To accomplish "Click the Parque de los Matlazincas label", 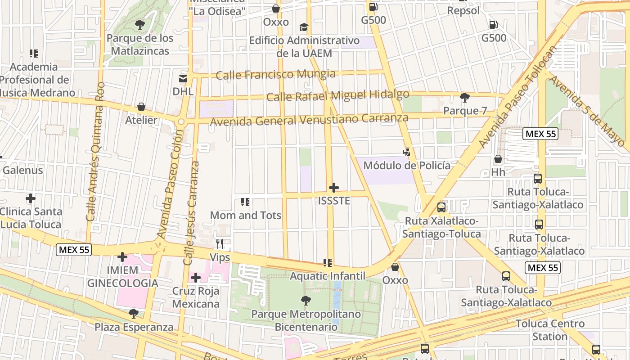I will click(x=139, y=45).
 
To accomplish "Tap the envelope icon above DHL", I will click(x=183, y=79).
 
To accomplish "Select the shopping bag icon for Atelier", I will click(x=141, y=107).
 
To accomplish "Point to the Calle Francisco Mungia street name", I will click(x=275, y=74).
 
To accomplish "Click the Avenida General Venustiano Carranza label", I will click(x=309, y=120).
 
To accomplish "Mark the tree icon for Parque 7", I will click(x=465, y=98).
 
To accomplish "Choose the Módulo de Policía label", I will click(x=406, y=166).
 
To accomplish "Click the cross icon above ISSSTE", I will click(x=334, y=188).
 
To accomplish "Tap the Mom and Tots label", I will click(x=246, y=216).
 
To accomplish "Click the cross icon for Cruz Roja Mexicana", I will click(x=196, y=278).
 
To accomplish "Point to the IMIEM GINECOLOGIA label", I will click(x=122, y=277).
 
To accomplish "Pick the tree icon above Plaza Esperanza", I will click(x=134, y=313).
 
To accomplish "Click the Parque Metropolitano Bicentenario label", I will click(x=306, y=320).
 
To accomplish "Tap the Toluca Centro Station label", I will click(x=550, y=330).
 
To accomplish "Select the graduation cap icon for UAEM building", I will click(x=304, y=27).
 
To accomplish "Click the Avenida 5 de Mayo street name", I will click(x=587, y=111).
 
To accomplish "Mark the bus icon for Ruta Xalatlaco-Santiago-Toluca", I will click(x=441, y=207).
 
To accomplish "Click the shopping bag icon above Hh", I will click(x=498, y=159).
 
